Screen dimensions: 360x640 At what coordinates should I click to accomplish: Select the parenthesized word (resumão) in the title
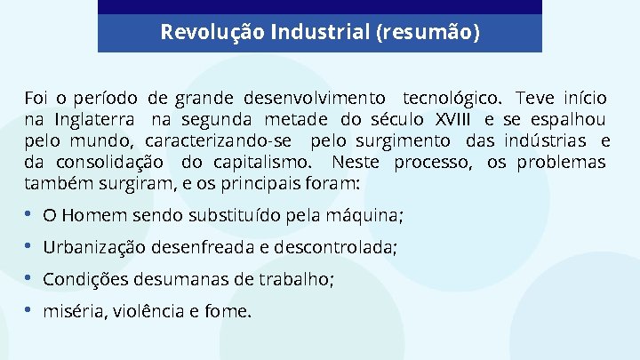point(428,33)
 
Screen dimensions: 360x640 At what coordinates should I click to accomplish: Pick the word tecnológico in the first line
point(453,97)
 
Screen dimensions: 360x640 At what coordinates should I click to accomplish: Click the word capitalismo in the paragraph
point(260,163)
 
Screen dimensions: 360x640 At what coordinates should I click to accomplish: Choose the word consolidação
point(109,163)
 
